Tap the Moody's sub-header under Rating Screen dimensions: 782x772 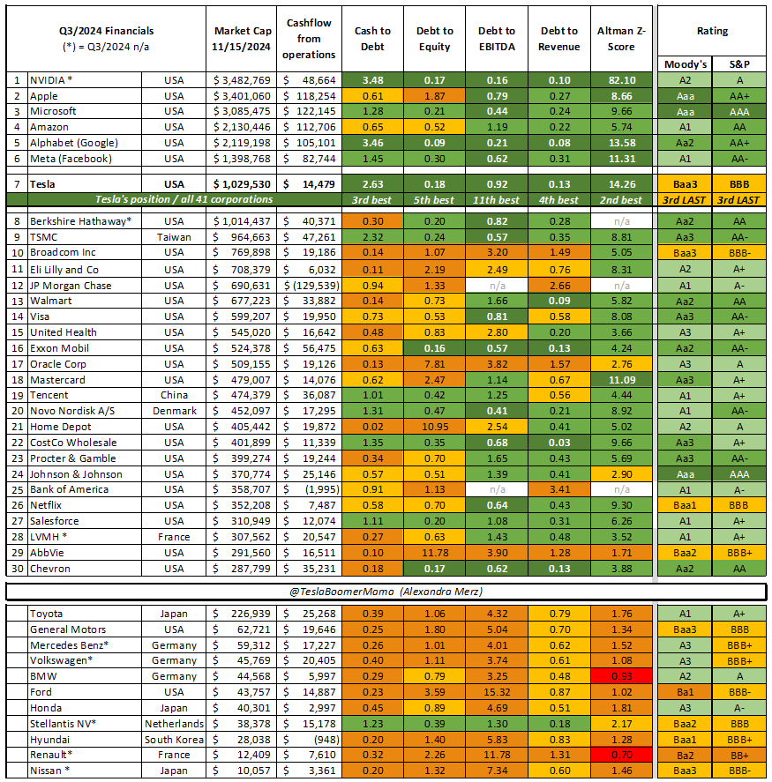tap(685, 63)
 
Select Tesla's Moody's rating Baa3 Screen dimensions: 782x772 tap(685, 184)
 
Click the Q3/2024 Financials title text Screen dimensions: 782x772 tap(104, 31)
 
